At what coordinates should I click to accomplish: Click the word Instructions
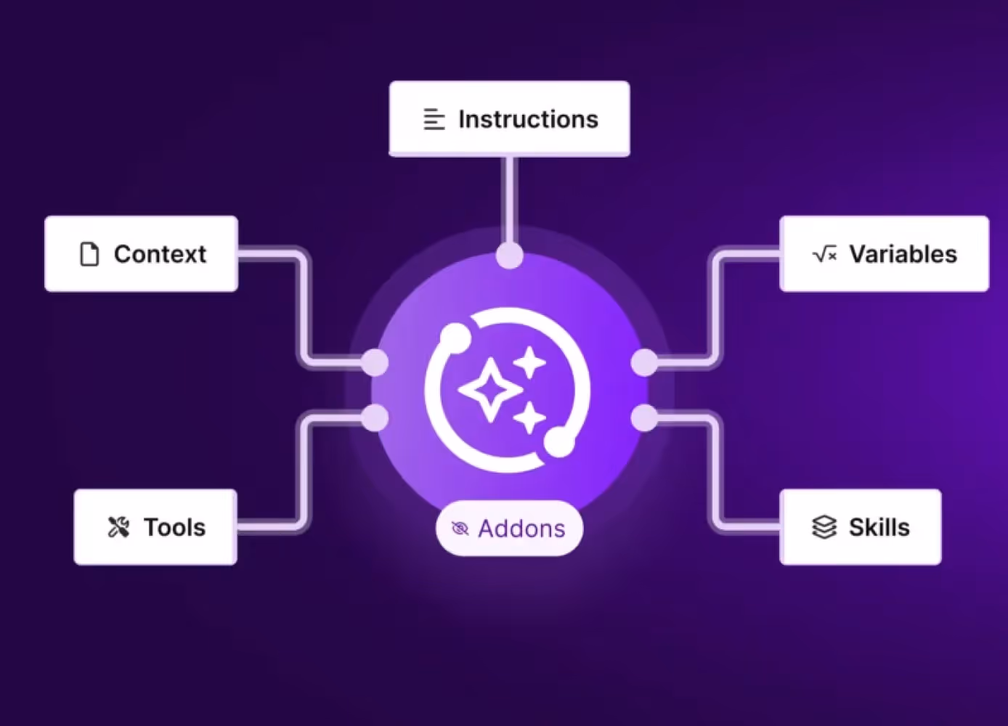click(528, 119)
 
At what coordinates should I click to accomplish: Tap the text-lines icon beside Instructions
click(434, 119)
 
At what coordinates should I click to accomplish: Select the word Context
click(160, 254)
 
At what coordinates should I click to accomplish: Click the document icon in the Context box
click(89, 254)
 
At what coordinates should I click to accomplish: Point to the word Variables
click(903, 254)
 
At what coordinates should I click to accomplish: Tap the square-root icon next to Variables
click(825, 254)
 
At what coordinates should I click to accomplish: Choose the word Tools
click(174, 527)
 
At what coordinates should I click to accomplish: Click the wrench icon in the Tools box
click(118, 527)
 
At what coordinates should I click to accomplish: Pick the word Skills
click(879, 527)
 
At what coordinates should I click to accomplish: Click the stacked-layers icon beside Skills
click(824, 527)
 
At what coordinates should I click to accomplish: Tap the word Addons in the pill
click(521, 529)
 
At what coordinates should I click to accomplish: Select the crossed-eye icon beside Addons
click(460, 529)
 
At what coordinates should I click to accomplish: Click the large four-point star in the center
click(490, 390)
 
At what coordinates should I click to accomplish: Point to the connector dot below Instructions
click(510, 256)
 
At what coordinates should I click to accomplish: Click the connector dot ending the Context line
click(375, 362)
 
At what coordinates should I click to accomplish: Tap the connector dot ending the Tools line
click(375, 417)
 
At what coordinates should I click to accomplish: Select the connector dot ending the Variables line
click(644, 362)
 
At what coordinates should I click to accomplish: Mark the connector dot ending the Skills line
click(644, 417)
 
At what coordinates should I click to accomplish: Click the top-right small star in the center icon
click(530, 362)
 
